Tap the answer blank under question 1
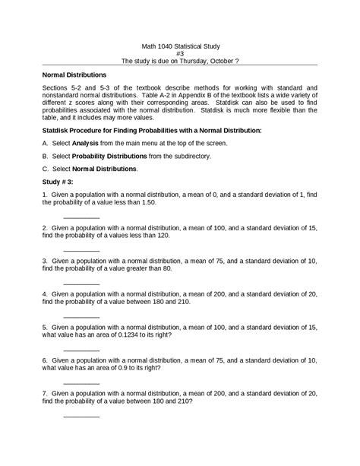(x=81, y=218)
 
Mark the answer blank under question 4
(x=81, y=316)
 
